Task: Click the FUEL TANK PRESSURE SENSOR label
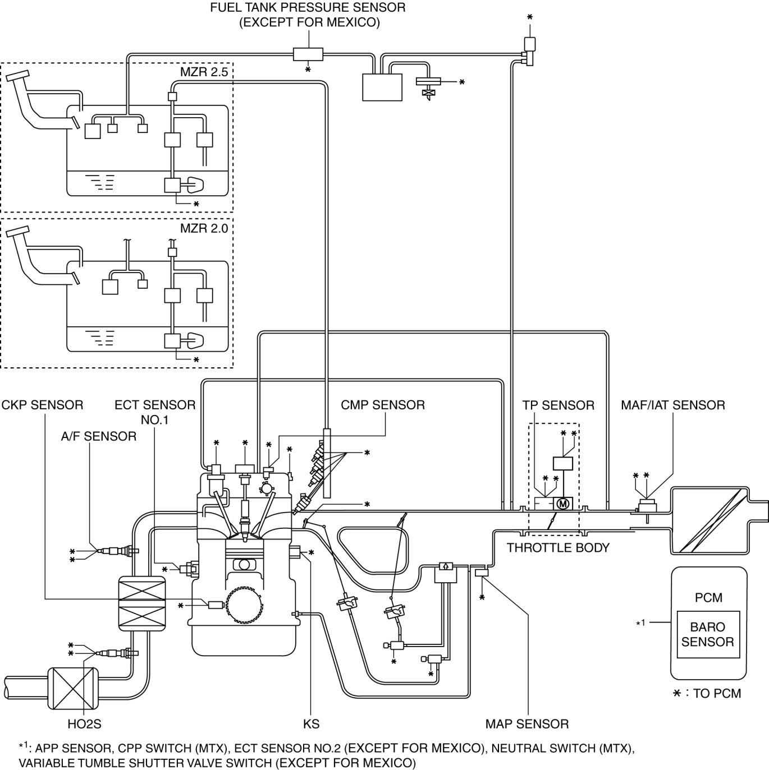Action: point(308,8)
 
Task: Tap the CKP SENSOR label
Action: point(42,405)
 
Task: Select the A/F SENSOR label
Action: point(99,436)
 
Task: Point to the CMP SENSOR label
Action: point(383,405)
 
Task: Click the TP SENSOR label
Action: point(558,405)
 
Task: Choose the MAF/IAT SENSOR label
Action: point(672,405)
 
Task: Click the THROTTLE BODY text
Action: point(558,548)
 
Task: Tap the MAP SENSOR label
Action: point(527,724)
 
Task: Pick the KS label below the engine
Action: point(311,724)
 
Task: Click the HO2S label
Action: point(84,724)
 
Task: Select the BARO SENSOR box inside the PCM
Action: point(707,634)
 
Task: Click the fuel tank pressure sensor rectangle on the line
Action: point(308,54)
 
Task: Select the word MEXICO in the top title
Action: point(353,23)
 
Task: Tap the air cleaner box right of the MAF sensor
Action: point(710,519)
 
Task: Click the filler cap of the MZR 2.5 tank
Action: point(18,76)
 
